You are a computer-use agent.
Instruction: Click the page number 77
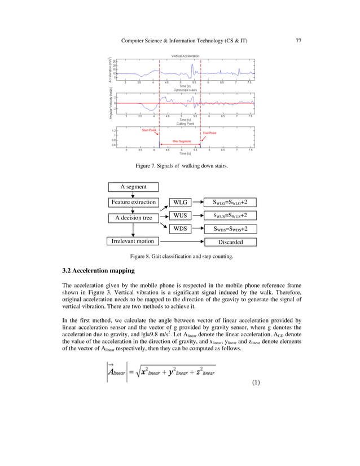click(x=299, y=40)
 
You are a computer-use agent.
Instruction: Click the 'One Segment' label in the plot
click(x=182, y=141)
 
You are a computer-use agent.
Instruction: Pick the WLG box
click(x=181, y=201)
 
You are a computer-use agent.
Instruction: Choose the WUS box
click(x=181, y=215)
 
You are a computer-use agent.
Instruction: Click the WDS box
click(x=181, y=228)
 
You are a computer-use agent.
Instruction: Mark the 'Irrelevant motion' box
click(x=133, y=241)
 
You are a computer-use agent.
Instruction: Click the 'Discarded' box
click(x=230, y=242)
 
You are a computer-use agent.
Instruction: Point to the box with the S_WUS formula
click(x=230, y=215)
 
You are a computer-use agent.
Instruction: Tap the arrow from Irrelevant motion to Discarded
click(x=181, y=241)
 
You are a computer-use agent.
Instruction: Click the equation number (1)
click(x=256, y=383)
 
